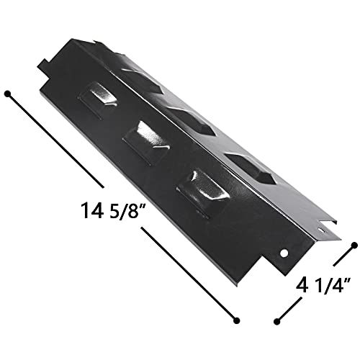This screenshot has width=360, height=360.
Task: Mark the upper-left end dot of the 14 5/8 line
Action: (x=9, y=94)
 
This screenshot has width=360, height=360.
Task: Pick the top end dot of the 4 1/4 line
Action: (x=354, y=246)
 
